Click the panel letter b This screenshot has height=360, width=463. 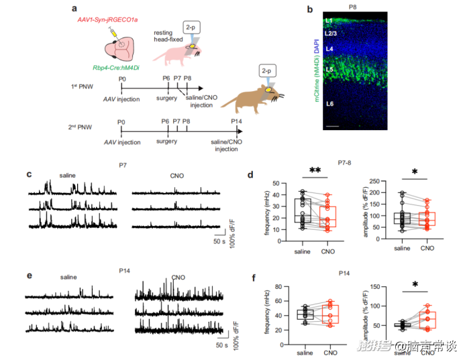(309, 9)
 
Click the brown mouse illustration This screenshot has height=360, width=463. (252, 97)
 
